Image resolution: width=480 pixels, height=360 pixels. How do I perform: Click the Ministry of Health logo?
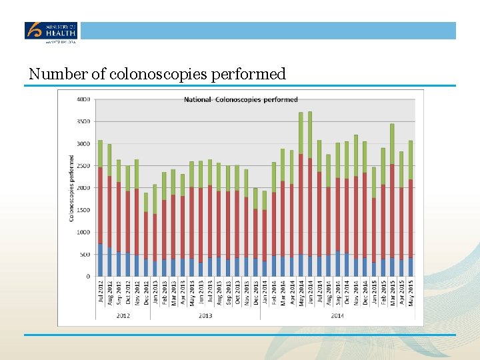[51, 31]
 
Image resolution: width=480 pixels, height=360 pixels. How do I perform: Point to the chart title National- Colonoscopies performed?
[241, 100]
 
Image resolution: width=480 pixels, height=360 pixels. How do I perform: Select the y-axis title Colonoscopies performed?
[72, 189]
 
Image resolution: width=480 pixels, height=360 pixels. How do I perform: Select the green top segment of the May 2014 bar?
[301, 133]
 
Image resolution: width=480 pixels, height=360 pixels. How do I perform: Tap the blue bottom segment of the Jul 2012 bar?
[100, 260]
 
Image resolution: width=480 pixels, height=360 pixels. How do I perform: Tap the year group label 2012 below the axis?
[123, 315]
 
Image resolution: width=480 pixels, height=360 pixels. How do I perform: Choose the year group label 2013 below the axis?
[205, 315]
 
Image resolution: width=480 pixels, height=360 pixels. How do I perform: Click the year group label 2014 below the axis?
[337, 315]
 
